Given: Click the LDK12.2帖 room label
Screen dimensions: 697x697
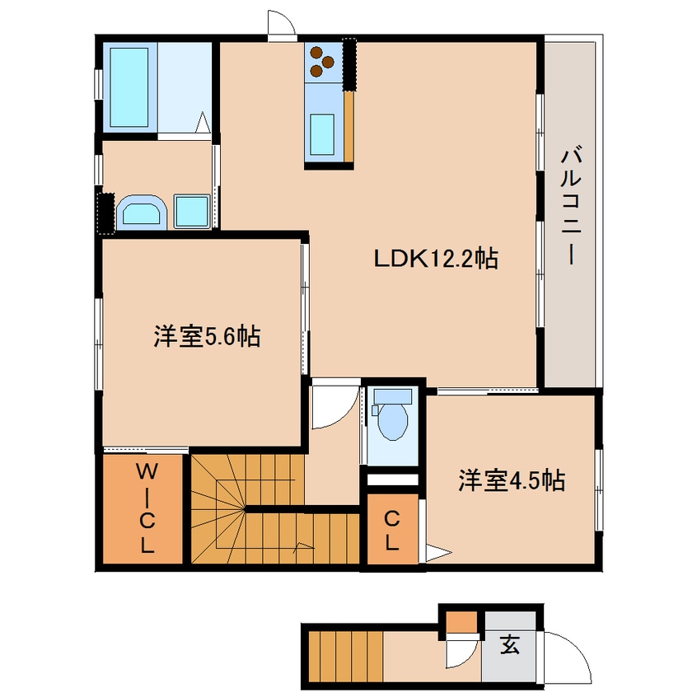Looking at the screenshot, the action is coord(436,258).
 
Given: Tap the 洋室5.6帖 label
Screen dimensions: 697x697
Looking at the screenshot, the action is coord(207,336).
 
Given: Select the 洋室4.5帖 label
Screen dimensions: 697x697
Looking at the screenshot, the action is coord(512,480).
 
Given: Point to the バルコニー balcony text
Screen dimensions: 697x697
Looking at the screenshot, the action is coord(571,208).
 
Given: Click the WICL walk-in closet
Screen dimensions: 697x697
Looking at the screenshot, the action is coord(143,509).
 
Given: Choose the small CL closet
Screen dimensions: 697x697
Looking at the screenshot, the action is coord(392,529).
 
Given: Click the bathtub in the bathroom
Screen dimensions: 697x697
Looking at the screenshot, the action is coord(129,87).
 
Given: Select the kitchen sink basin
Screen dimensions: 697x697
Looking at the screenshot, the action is coord(322,133).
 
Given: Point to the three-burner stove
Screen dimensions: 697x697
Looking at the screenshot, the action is coord(323,62).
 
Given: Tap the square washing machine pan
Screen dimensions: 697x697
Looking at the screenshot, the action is coord(192,212).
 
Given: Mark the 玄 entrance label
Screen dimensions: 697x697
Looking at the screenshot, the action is coord(510,644).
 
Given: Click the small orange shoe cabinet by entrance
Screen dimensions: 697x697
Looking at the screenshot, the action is coord(461,622).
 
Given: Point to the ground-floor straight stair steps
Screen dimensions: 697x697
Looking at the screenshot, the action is coord(346,656).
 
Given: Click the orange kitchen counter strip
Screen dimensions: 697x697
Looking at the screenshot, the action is coord(349,127).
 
